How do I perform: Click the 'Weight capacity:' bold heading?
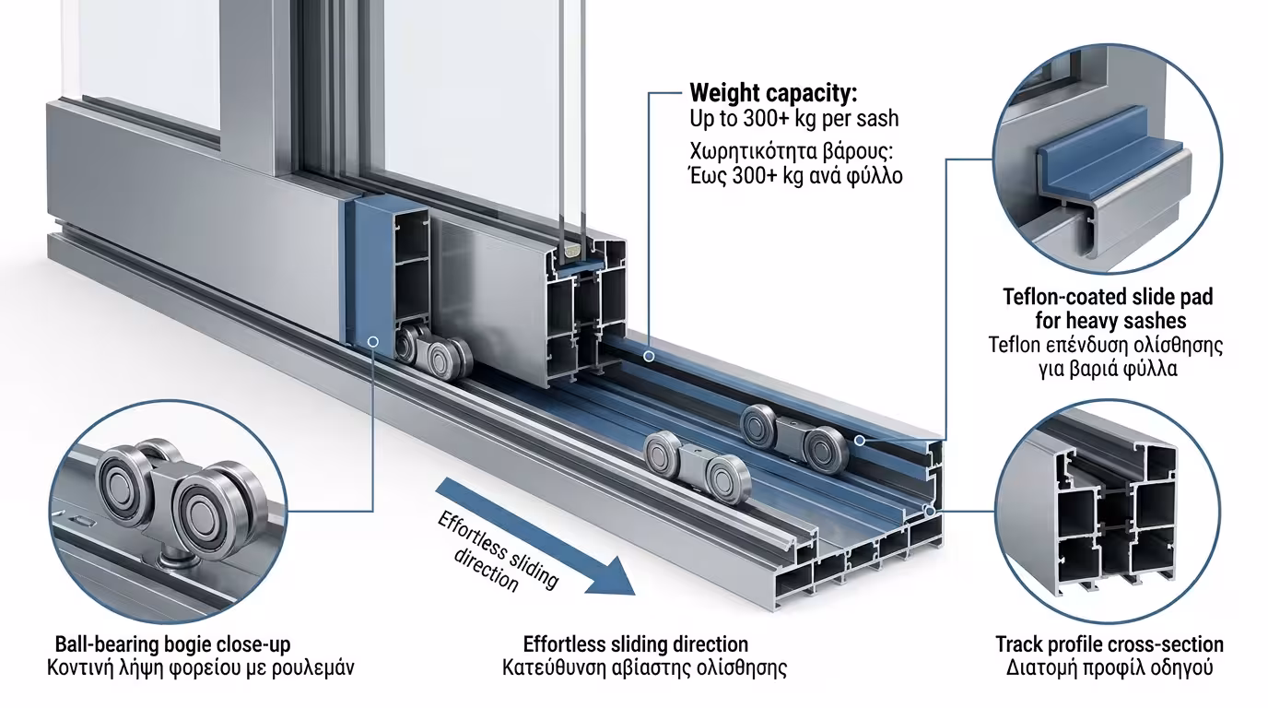[773, 93]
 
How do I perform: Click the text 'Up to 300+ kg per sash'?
[793, 119]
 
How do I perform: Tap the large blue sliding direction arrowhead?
[610, 576]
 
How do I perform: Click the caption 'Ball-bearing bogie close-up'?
[172, 644]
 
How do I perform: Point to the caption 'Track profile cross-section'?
[1109, 644]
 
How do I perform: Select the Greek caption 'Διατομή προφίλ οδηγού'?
[1109, 667]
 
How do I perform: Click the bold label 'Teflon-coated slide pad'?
[1108, 298]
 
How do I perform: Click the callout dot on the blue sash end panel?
[373, 341]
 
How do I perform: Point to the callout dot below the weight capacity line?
[650, 356]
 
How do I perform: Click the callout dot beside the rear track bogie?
[860, 440]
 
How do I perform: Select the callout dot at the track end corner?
[930, 511]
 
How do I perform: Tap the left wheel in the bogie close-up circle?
[123, 480]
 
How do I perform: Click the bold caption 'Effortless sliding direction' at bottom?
[636, 644]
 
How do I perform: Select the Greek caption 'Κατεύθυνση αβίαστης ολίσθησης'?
[645, 667]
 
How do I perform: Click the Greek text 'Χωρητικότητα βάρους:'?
[791, 152]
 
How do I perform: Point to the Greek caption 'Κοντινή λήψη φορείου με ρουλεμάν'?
[200, 667]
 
